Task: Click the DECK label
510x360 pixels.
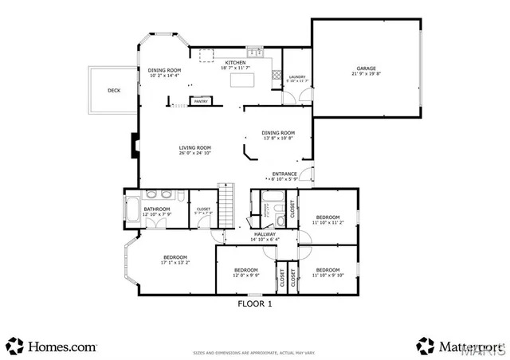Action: [x=114, y=90]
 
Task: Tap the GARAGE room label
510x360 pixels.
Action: [x=367, y=68]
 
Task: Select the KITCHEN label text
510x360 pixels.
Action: [x=235, y=62]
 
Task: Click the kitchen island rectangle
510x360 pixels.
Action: [x=243, y=80]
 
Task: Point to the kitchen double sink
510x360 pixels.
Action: [x=256, y=53]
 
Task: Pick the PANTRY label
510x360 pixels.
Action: [x=201, y=101]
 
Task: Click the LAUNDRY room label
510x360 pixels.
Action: [x=296, y=76]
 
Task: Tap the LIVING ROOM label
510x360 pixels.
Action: [x=194, y=147]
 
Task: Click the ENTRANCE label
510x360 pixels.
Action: [x=284, y=174]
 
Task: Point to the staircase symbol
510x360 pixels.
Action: [x=228, y=205]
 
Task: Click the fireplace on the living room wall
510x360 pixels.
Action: [x=133, y=147]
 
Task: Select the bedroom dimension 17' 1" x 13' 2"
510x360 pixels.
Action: [x=175, y=263]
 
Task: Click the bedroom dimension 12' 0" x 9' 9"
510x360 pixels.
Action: [x=245, y=276]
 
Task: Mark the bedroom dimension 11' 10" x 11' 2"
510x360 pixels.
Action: [x=327, y=223]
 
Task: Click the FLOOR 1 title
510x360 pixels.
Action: [x=255, y=303]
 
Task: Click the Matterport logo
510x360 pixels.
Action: [x=461, y=346]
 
